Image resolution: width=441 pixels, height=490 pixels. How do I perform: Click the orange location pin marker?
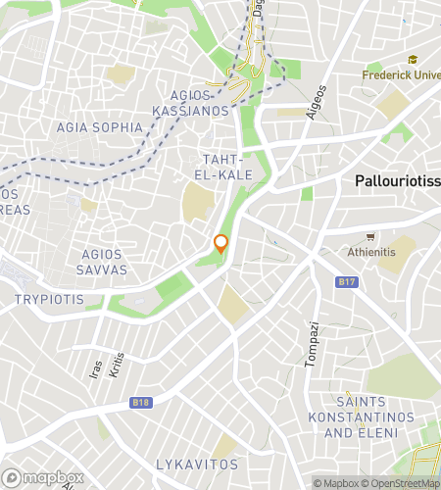tap(221, 244)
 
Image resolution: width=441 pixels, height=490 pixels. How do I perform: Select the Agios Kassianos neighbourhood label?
tap(191, 104)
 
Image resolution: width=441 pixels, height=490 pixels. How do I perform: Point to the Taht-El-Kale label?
tap(227, 167)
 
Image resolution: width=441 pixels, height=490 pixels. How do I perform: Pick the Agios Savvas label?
tap(116, 262)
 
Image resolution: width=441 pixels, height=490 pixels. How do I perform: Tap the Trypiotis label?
tap(46, 297)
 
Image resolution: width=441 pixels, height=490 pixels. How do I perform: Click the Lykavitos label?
tap(197, 464)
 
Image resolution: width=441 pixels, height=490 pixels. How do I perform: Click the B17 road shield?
tap(344, 283)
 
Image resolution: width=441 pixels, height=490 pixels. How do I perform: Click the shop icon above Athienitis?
tap(370, 236)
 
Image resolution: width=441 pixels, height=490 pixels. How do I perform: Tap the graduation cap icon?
tap(413, 60)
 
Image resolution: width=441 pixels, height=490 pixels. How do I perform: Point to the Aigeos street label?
tap(316, 101)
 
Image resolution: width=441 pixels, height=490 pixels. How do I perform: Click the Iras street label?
tap(96, 368)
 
